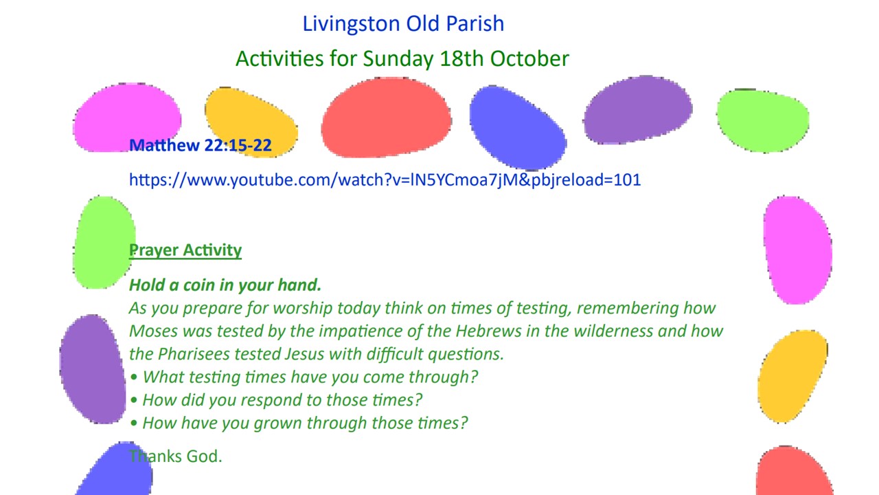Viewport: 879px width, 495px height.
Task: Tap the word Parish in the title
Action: [475, 23]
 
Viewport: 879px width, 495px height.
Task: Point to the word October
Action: [529, 58]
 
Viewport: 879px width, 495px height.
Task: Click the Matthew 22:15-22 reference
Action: [200, 145]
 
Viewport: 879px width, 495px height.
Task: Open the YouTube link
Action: [385, 180]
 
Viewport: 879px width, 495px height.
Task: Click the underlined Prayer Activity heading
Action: [185, 250]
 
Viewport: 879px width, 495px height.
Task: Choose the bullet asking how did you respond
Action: [276, 400]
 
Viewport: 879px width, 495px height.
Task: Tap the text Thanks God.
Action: [175, 456]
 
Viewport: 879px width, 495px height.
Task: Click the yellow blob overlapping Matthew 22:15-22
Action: [251, 122]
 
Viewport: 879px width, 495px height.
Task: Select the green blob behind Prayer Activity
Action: [104, 243]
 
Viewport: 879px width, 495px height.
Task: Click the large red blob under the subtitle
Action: [386, 118]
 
